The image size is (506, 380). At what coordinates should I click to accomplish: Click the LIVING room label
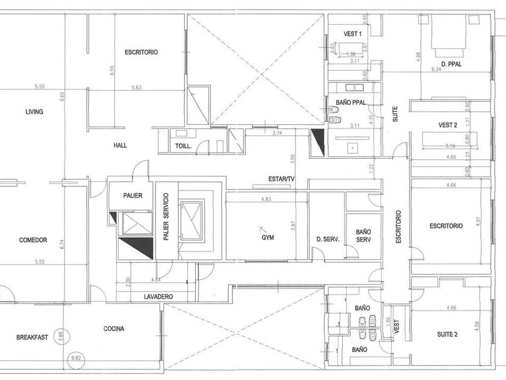pos(34,112)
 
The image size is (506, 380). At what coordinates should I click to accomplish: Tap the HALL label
pos(120,145)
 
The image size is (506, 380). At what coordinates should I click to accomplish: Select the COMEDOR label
pos(33,240)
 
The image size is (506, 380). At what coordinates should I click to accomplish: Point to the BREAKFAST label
pos(32,337)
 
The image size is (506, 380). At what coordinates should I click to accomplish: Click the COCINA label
pos(114,329)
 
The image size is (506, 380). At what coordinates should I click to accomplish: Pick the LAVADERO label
pos(158,297)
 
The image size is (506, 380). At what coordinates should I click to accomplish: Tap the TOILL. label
pos(183,146)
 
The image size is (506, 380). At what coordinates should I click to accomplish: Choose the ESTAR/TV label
pos(281,179)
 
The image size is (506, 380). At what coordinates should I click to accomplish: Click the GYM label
pos(267,238)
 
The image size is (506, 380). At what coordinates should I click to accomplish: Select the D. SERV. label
pos(328,239)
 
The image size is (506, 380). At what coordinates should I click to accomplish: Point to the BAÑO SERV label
pos(363,235)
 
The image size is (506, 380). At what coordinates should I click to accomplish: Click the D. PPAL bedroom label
pos(451,64)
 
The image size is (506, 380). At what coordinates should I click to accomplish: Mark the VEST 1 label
pos(352,33)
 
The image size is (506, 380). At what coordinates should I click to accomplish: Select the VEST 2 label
pos(449,125)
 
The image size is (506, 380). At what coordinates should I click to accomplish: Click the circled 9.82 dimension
pos(75,357)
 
